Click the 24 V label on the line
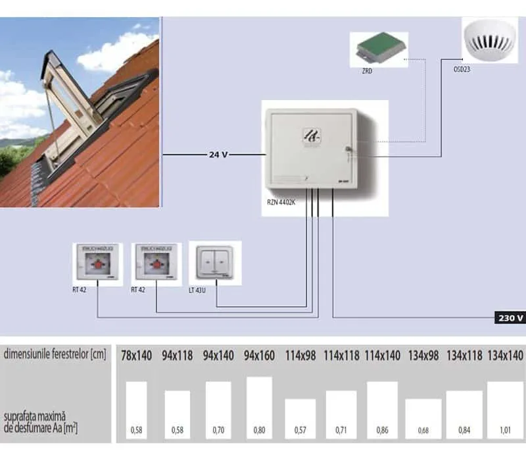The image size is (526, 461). pos(218,155)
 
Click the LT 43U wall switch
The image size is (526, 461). pos(215,262)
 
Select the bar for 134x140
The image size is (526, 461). pos(505,410)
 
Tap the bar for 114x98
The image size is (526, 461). pos(300,419)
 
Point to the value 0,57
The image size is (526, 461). pos(300,431)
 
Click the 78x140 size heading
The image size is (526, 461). pos(136,356)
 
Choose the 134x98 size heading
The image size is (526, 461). pos(423,356)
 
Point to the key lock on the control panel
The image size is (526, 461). pos(348,153)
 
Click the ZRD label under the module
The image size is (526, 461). pos(366,70)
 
